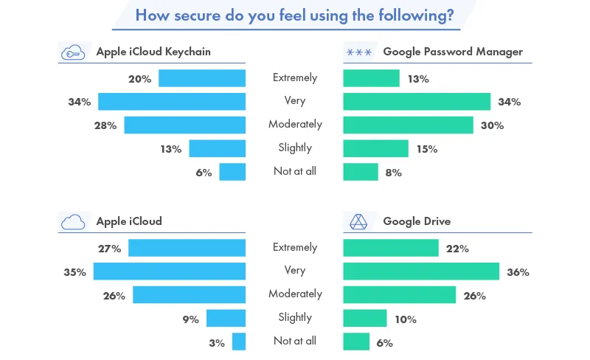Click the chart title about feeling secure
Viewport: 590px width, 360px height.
294,15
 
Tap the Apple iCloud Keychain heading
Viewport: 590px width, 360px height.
153,52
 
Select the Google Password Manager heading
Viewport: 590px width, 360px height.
453,52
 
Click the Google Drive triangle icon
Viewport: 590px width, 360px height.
358,221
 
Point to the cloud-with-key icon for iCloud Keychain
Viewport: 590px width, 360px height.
72,52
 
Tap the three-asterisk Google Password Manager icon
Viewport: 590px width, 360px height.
358,52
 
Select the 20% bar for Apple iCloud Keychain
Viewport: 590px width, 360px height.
202,78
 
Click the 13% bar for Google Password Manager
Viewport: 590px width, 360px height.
371,78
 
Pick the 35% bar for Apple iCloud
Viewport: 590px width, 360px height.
169,271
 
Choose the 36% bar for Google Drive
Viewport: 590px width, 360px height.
421,271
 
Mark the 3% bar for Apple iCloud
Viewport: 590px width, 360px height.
238,342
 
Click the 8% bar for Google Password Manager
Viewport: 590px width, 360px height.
361,172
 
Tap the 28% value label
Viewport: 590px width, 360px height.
105,125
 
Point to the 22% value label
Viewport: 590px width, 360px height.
458,249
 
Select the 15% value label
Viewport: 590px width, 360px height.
426,149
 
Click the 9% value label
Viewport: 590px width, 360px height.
191,319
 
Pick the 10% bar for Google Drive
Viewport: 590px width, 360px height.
365,318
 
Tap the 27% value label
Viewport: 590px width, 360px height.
110,249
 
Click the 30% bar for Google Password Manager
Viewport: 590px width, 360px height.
408,125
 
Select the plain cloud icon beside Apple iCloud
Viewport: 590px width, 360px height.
72,221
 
